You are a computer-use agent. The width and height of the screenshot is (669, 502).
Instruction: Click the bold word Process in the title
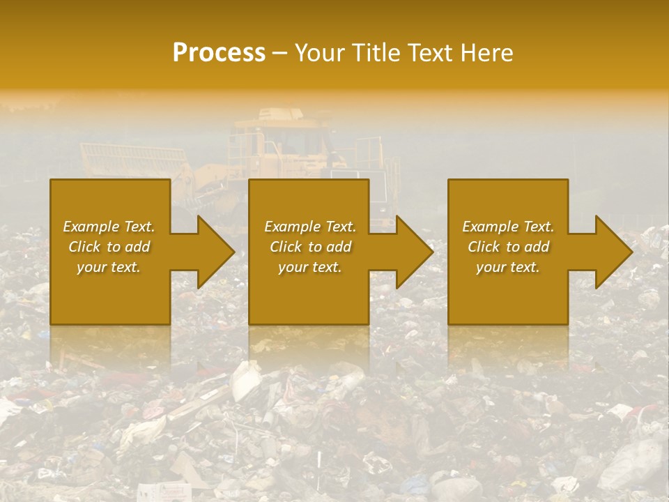click(x=219, y=53)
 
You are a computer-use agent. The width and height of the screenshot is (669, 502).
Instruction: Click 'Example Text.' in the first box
click(x=109, y=227)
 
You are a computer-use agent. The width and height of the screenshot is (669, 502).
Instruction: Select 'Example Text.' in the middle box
click(x=309, y=227)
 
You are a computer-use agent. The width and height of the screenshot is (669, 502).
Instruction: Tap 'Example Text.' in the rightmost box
click(x=508, y=227)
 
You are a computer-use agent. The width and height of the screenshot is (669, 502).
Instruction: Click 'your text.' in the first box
click(x=109, y=267)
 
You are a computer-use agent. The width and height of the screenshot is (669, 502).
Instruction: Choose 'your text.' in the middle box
click(x=309, y=267)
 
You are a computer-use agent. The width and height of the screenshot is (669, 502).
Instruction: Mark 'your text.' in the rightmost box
click(x=508, y=267)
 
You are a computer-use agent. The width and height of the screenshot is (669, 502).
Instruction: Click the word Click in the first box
click(x=85, y=247)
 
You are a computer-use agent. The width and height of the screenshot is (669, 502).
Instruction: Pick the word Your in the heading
click(x=319, y=53)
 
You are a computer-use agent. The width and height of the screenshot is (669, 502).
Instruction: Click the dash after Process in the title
click(x=279, y=53)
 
